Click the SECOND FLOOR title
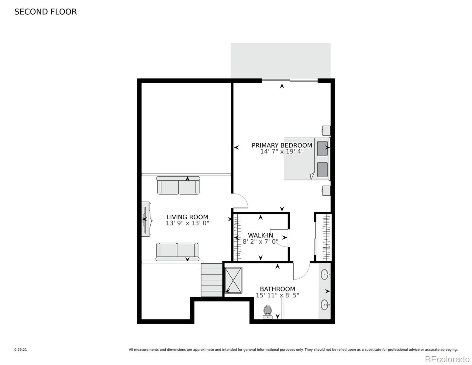[46, 12]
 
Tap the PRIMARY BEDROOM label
[282, 145]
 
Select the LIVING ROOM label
[187, 217]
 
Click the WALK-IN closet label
[260, 235]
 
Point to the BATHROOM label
[277, 289]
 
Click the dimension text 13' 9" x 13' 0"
[187, 223]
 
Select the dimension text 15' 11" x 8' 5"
[277, 295]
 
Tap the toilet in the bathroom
[267, 312]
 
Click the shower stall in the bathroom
[233, 280]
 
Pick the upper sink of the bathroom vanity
[325, 275]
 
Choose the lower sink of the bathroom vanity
[325, 304]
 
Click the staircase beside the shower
[212, 280]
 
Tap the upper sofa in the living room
[178, 186]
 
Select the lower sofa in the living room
[177, 252]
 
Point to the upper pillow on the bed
[322, 148]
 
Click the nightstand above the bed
[326, 130]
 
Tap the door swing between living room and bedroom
[240, 201]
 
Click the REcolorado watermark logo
[447, 359]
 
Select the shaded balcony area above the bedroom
[281, 61]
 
